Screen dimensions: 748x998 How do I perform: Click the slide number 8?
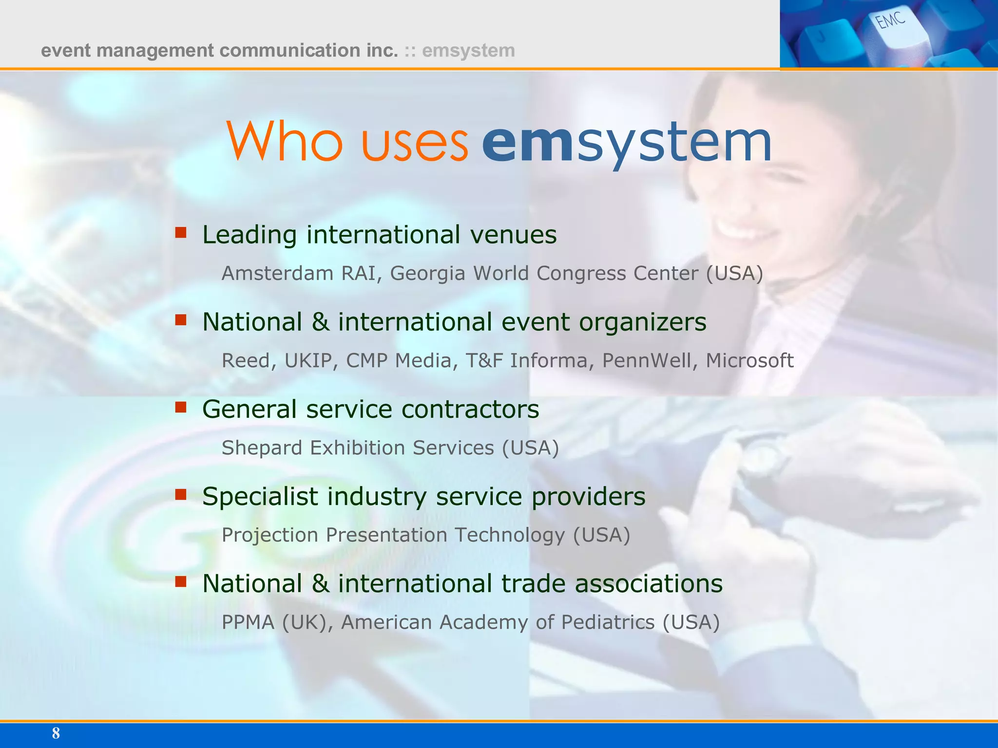tap(56, 733)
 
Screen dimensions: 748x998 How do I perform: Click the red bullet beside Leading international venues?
tap(181, 233)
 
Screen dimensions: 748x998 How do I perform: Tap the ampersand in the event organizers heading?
tap(320, 322)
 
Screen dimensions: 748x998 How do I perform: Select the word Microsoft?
tap(749, 360)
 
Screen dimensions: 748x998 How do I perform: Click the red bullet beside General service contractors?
tap(181, 407)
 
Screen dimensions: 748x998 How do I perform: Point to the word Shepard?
tap(262, 448)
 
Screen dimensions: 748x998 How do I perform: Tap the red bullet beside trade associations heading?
tap(181, 581)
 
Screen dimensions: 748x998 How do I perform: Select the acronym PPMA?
tap(248, 622)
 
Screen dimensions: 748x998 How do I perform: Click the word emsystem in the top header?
tap(468, 51)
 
